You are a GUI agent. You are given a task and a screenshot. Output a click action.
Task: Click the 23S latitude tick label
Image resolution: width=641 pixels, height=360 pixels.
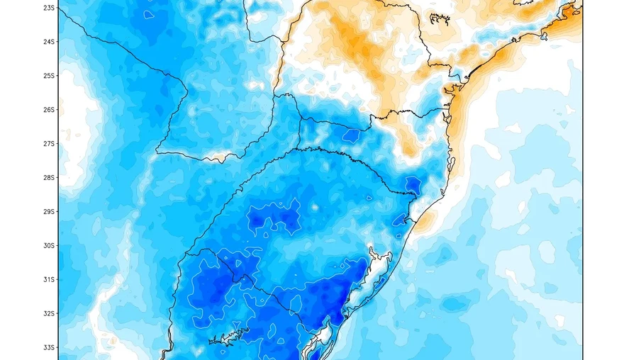(x=49, y=8)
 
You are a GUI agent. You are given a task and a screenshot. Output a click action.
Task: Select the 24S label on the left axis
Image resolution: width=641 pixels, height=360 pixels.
(x=49, y=42)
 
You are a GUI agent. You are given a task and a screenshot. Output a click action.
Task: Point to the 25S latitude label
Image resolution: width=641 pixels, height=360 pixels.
(x=49, y=76)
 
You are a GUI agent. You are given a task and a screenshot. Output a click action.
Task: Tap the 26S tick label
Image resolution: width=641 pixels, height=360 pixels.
(x=49, y=110)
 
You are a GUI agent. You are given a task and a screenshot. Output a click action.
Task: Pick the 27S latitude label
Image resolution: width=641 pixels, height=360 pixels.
(x=49, y=144)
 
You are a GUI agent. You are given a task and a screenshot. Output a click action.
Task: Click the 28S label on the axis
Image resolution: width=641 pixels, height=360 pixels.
(x=49, y=178)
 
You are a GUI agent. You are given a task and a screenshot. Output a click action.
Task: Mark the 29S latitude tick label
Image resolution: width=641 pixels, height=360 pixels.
(x=49, y=212)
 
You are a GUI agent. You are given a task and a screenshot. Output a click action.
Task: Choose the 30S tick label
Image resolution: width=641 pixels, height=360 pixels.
(x=49, y=246)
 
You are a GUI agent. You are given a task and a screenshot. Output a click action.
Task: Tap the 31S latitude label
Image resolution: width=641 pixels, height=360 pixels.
(x=49, y=280)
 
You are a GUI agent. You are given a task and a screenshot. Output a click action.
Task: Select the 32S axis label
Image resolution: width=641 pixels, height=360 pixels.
(x=49, y=314)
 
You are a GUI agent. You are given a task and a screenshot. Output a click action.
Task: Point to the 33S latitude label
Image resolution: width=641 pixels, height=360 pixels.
(x=49, y=348)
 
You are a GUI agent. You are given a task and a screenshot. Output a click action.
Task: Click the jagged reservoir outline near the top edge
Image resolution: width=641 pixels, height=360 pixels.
(x=440, y=17)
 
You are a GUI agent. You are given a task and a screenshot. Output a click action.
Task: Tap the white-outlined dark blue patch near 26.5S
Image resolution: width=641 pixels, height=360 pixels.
(x=351, y=133)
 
